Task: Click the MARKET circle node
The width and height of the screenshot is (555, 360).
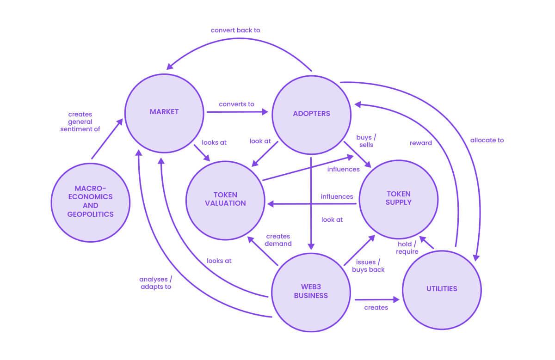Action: pyautogui.click(x=164, y=112)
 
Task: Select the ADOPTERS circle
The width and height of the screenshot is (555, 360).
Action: pyautogui.click(x=311, y=113)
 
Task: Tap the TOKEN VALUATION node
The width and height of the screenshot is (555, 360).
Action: pyautogui.click(x=225, y=199)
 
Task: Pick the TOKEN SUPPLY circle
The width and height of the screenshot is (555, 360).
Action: pyautogui.click(x=398, y=198)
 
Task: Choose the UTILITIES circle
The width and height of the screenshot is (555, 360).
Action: pyautogui.click(x=442, y=289)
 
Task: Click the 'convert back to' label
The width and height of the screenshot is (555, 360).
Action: pyautogui.click(x=235, y=30)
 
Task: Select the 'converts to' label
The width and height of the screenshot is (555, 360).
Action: pyautogui.click(x=236, y=104)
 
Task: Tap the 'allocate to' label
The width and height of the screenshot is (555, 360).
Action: pyautogui.click(x=487, y=140)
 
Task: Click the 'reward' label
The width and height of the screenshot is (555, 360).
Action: pyautogui.click(x=421, y=143)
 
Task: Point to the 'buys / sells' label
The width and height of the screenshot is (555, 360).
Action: pyautogui.click(x=365, y=141)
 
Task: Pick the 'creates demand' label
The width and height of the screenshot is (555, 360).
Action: pyautogui.click(x=278, y=240)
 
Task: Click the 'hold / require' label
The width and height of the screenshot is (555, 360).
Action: pyautogui.click(x=407, y=248)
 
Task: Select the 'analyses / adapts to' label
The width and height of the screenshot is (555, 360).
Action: pyautogui.click(x=155, y=283)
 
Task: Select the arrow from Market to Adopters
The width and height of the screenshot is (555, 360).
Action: pyautogui.click(x=237, y=111)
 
